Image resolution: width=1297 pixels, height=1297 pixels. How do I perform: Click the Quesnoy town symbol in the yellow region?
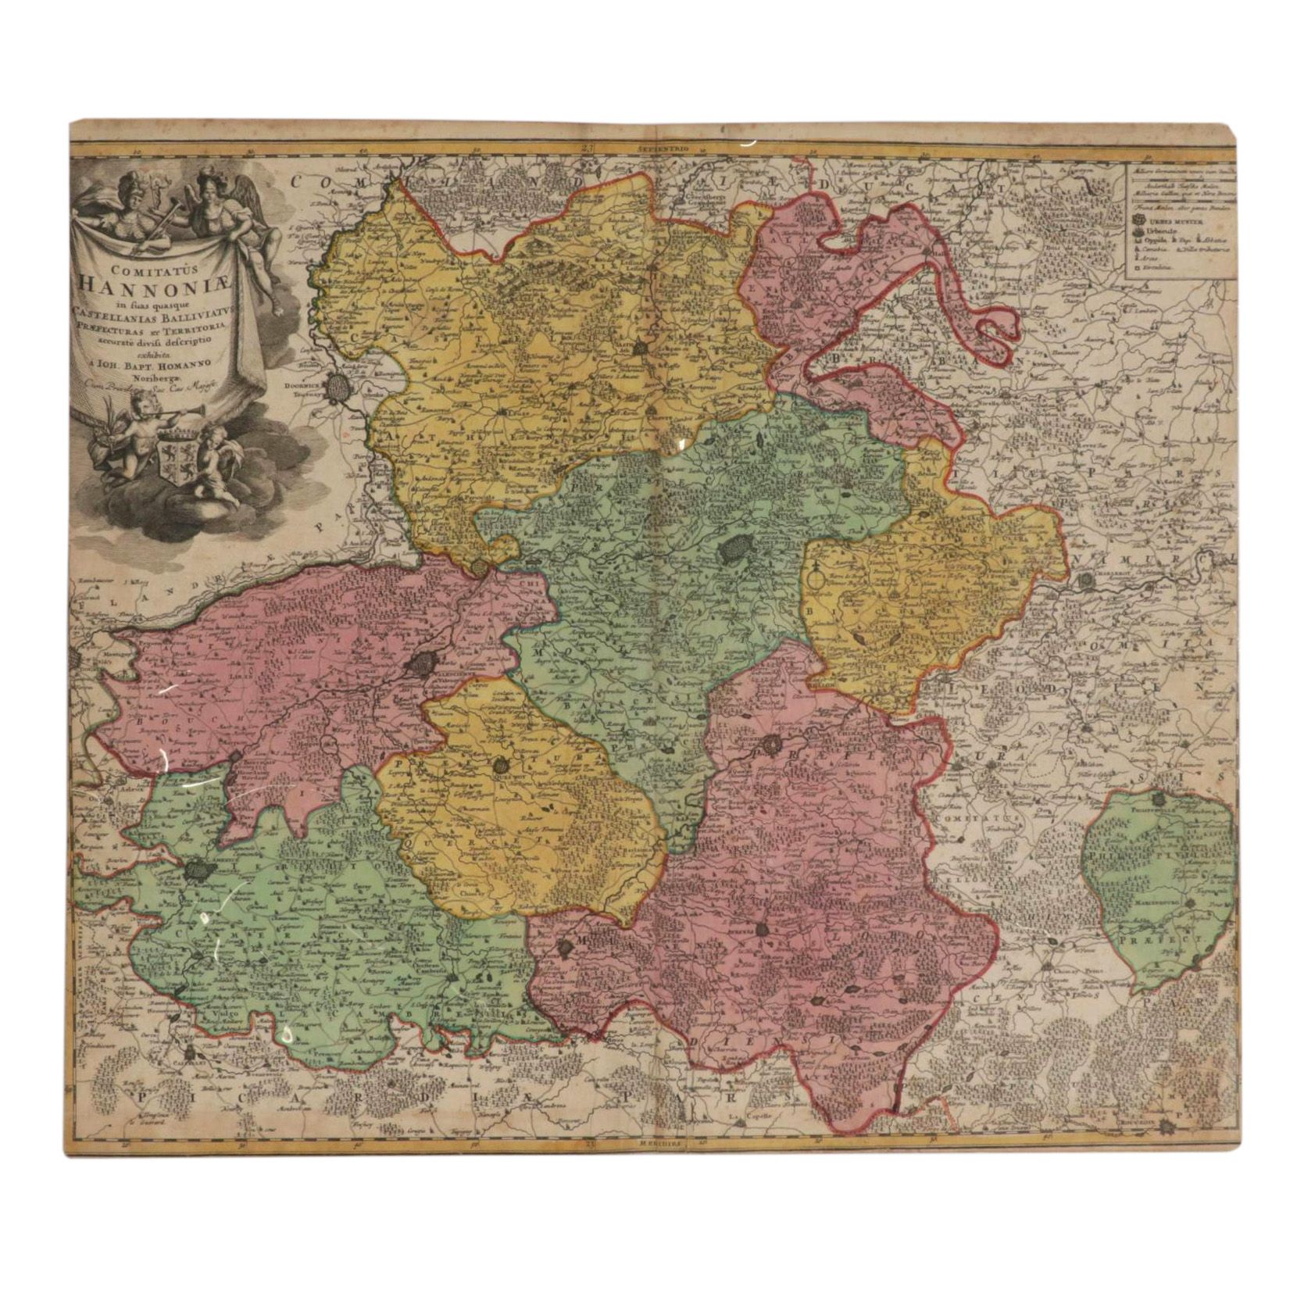point(499,766)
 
